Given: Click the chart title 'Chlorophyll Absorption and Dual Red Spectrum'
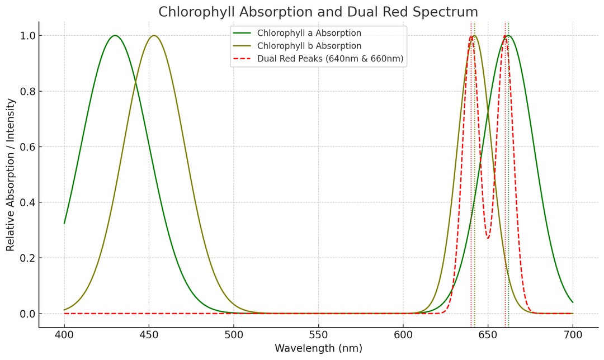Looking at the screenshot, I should coord(318,12).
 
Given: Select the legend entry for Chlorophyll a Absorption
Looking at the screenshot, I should coord(309,33).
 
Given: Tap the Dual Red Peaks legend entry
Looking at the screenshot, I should coord(330,59).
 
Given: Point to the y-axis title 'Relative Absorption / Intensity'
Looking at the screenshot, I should coord(11,174).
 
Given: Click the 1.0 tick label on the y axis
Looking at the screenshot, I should coord(27,36).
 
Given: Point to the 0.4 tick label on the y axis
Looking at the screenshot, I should coord(27,202).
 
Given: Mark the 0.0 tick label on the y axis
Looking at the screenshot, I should coord(27,314).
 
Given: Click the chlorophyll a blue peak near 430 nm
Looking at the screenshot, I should coord(115,36).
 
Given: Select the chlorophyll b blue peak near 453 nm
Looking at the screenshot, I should coord(154,36).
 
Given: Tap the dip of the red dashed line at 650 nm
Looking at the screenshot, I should coord(488,238).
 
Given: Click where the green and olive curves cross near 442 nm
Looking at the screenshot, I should coord(135,83).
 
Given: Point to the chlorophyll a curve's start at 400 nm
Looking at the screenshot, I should coord(64,223).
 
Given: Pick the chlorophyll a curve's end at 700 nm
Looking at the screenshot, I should coord(573,302).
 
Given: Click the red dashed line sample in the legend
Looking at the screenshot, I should coord(243,59).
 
